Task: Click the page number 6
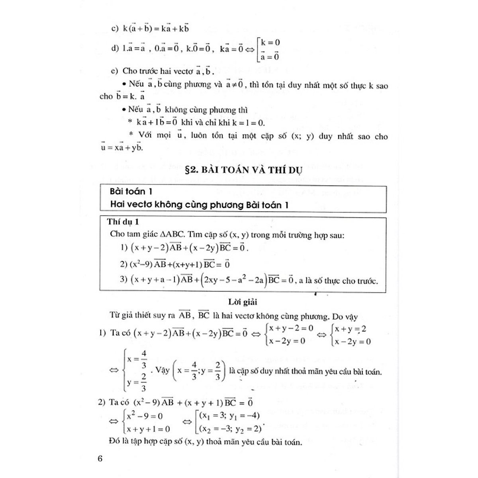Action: tap(100, 458)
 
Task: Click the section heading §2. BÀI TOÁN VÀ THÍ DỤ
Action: tap(244, 170)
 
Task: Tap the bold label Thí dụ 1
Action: tap(123, 222)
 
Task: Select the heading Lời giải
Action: tap(243, 302)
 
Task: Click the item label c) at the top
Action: tap(115, 29)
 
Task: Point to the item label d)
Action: tap(115, 48)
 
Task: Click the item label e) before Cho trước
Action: tap(115, 71)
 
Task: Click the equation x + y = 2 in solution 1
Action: tap(351, 329)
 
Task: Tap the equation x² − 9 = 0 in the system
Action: tap(145, 416)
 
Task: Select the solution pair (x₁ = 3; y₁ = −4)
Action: tap(230, 416)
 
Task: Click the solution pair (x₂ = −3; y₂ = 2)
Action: tap(230, 429)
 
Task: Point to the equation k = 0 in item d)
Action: tap(270, 42)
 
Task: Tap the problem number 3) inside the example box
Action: tap(124, 279)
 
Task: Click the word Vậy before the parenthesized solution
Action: tap(163, 370)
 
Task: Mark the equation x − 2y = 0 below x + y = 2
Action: tap(353, 341)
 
